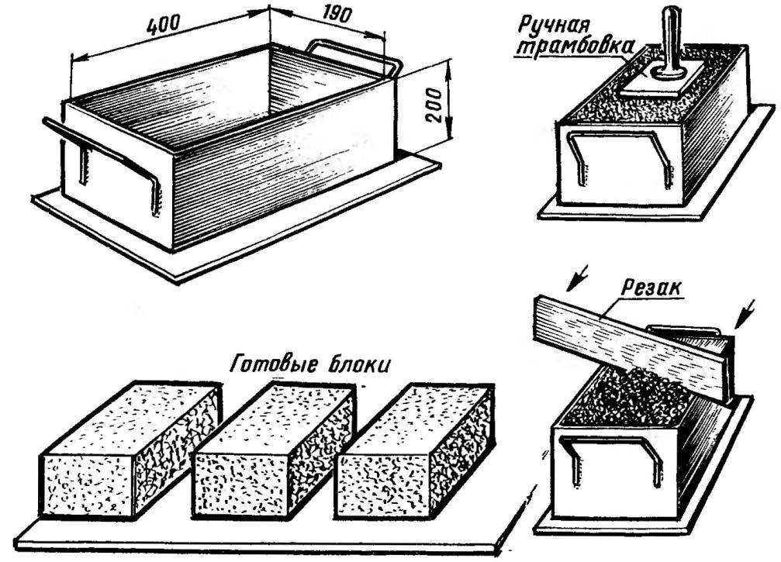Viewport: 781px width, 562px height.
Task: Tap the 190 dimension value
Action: click(335, 15)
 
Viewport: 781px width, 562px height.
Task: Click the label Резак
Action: click(651, 288)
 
